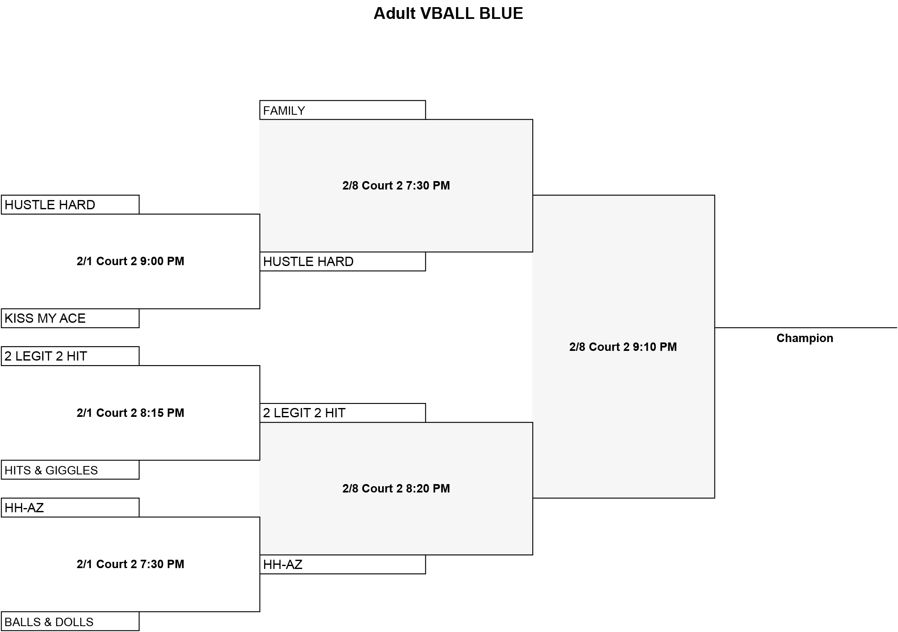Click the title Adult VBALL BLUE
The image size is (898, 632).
(x=448, y=13)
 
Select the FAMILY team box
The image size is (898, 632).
(x=343, y=110)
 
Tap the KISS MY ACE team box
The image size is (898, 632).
(x=70, y=318)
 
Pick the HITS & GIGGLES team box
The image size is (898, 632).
(x=70, y=470)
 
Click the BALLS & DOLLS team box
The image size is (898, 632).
(x=70, y=621)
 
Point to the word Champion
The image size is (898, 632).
(x=804, y=338)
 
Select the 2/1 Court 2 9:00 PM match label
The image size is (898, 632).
(x=130, y=261)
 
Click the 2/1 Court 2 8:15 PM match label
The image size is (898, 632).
(x=130, y=413)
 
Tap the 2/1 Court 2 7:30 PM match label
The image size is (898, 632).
(x=130, y=564)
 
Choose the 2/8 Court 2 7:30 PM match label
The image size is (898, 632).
(x=396, y=186)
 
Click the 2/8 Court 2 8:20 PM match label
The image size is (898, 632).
(x=396, y=489)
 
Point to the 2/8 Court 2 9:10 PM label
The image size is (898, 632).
(x=623, y=347)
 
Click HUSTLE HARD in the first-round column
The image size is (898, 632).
(x=70, y=205)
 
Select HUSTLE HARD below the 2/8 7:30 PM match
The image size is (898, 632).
(x=343, y=261)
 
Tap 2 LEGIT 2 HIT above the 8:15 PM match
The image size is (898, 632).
(x=70, y=356)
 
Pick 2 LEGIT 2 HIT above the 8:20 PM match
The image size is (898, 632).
(x=343, y=413)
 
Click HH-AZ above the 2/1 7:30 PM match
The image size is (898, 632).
(x=70, y=508)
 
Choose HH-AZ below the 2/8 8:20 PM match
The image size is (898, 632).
(x=343, y=564)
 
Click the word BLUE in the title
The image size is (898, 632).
(x=501, y=13)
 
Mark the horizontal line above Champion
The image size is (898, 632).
(x=806, y=328)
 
